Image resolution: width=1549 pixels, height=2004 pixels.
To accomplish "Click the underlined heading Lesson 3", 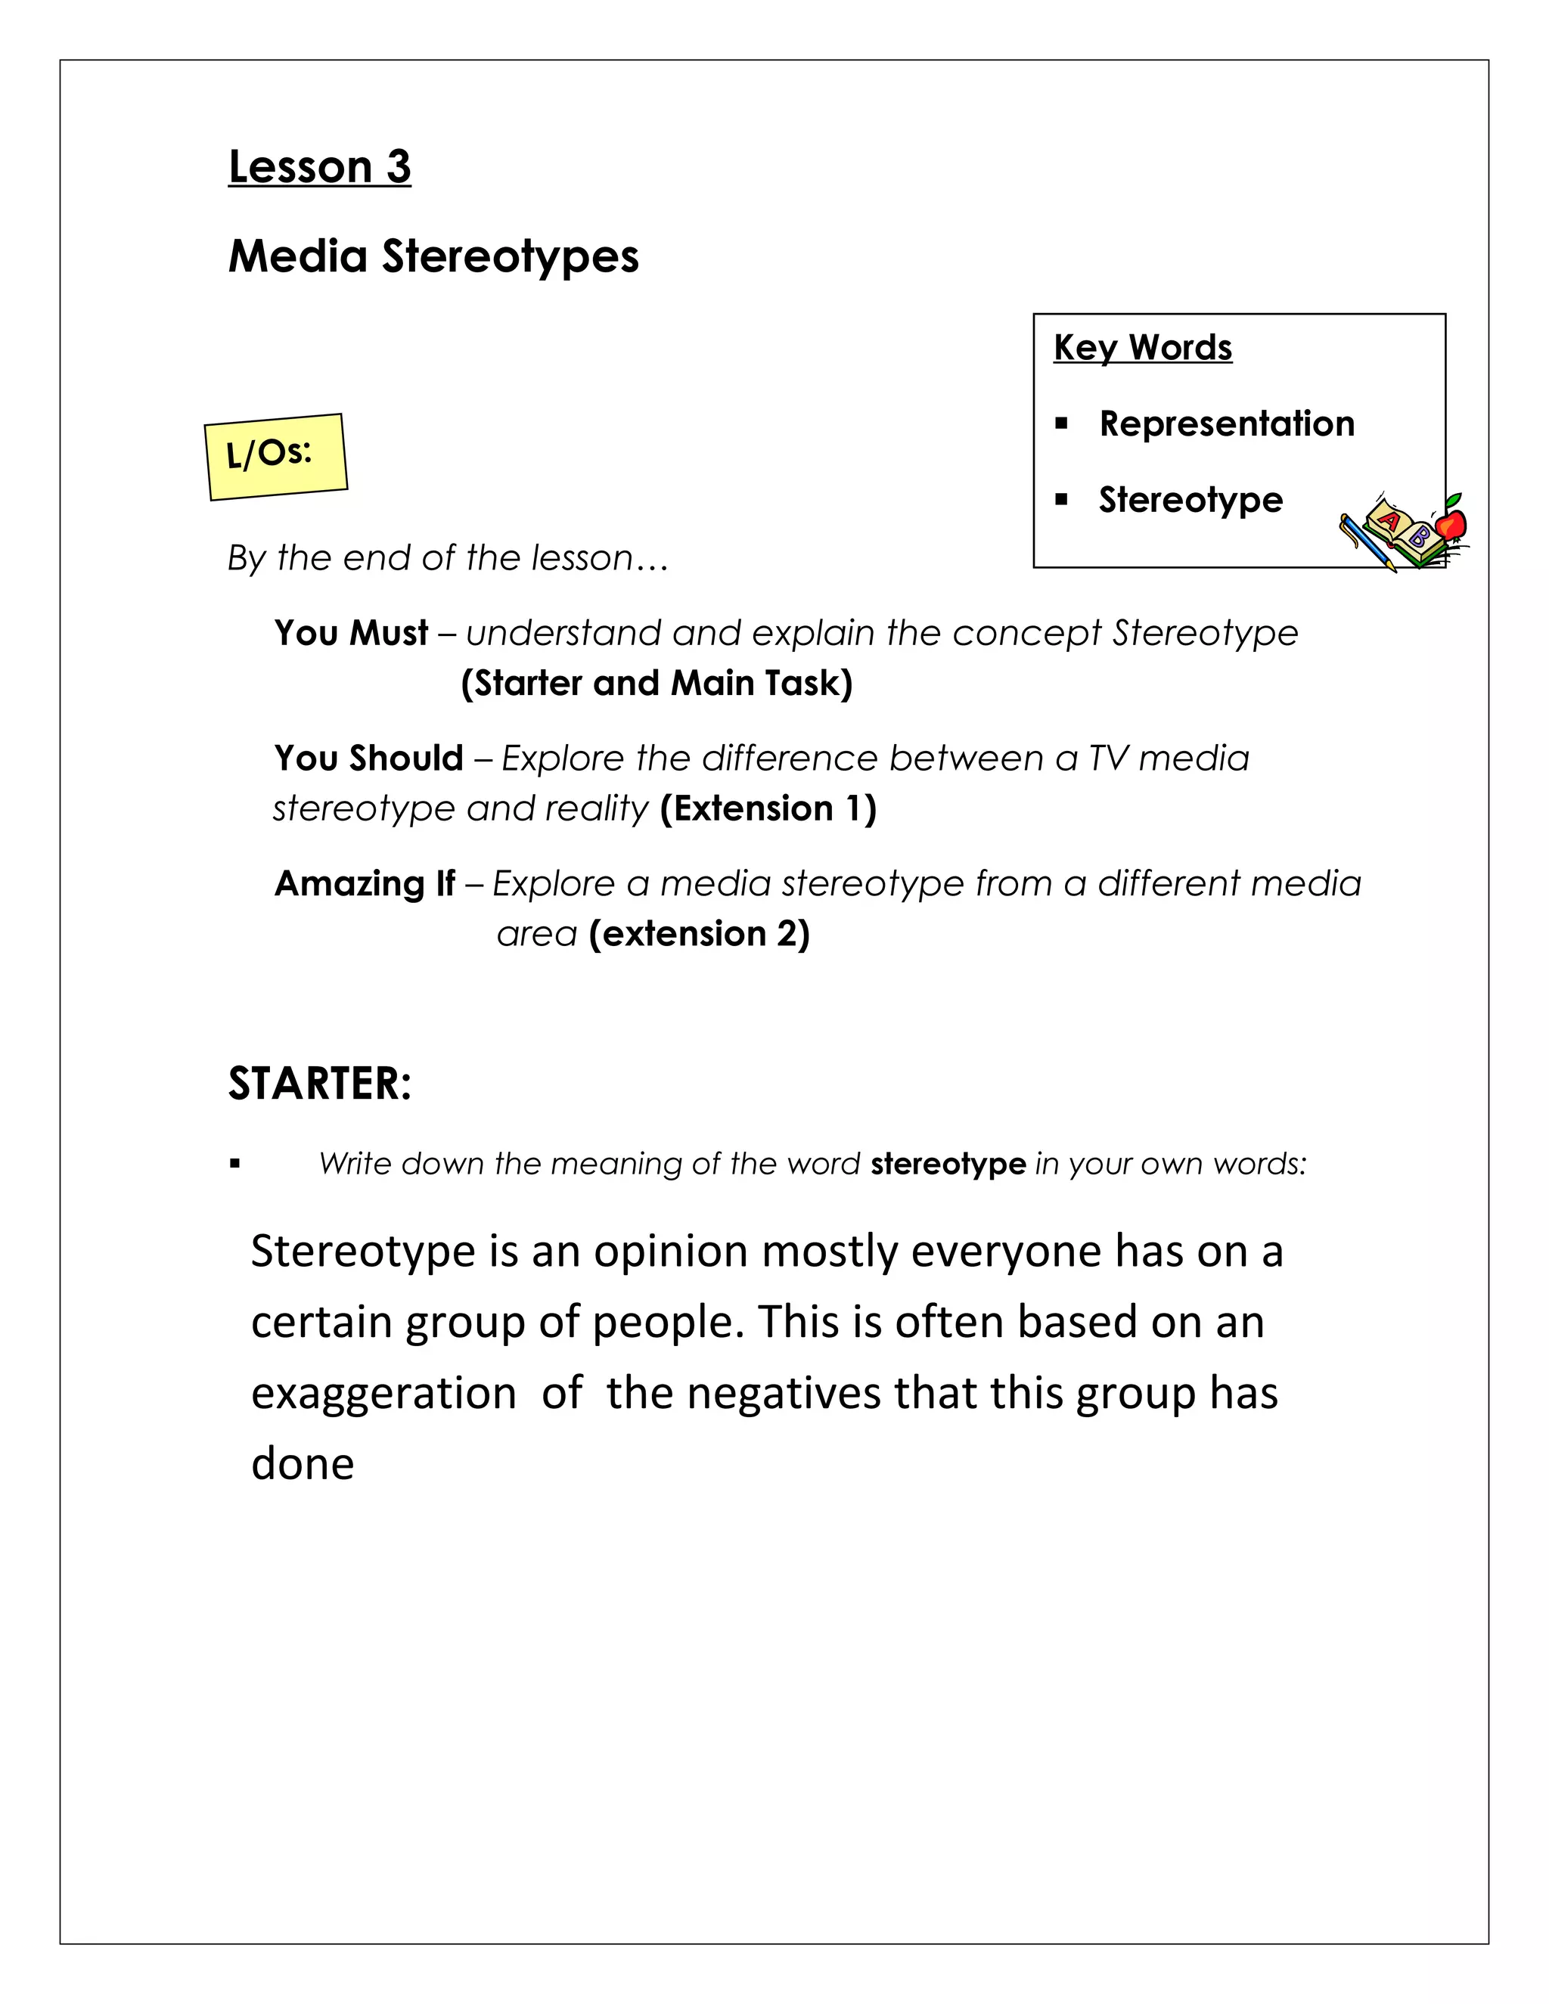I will coord(319,167).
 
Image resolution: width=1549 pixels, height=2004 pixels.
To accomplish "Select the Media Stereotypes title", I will coord(433,256).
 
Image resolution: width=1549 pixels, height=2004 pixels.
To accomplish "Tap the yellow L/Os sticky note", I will coord(275,456).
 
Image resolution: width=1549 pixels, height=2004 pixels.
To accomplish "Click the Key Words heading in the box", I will coord(1143,348).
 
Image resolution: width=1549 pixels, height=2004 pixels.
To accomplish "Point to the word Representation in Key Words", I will coord(1227,424).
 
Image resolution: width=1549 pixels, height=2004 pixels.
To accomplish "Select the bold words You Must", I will coord(352,633).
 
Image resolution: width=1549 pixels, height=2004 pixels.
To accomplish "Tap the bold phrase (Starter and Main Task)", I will coord(657,684).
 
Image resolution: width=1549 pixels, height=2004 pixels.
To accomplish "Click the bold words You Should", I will coord(369,758).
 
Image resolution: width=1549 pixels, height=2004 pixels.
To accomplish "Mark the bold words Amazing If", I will coord(365,883).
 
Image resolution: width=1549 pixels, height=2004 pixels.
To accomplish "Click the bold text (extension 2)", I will coord(700,934).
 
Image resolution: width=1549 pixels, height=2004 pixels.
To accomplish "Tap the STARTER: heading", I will coord(319,1084).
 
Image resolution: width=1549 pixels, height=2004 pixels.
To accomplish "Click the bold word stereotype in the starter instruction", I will coord(948,1164).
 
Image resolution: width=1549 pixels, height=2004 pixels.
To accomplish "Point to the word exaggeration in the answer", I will coord(383,1393).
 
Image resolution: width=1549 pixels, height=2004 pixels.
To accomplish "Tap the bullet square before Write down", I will coord(235,1165).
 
